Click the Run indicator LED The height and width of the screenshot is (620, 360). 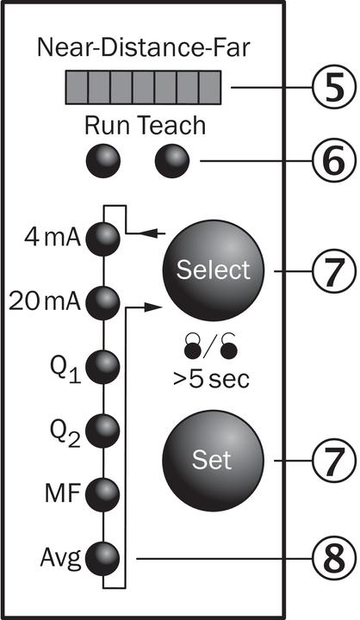click(102, 161)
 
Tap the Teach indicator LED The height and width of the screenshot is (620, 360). click(172, 161)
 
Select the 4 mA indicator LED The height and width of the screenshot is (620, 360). click(102, 239)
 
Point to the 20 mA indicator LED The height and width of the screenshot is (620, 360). click(102, 303)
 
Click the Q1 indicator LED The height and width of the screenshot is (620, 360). click(102, 367)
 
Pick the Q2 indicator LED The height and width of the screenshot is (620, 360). click(102, 431)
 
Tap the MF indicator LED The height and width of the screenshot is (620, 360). click(102, 494)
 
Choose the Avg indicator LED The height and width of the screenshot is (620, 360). click(102, 559)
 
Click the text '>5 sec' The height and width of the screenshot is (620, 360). click(211, 380)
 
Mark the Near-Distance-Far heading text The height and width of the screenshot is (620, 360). click(144, 48)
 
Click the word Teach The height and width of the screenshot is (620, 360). click(172, 126)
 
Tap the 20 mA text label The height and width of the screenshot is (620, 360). click(45, 303)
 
